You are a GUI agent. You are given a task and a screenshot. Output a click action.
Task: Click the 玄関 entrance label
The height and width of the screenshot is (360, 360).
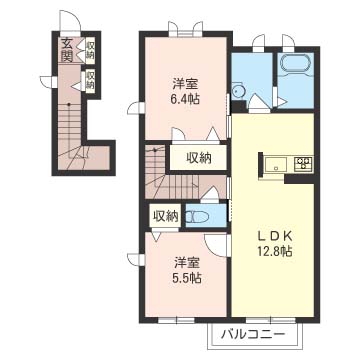[67, 50]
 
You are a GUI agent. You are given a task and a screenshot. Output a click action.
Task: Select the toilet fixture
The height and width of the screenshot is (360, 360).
[197, 217]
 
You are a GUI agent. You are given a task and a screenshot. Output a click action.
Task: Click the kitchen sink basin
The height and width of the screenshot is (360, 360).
[276, 165]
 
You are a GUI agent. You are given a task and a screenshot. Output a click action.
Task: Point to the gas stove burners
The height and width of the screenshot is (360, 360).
[303, 163]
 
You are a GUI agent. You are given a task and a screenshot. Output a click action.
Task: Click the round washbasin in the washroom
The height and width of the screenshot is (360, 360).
[237, 91]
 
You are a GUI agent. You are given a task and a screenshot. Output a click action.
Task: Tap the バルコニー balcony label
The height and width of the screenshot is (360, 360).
[253, 334]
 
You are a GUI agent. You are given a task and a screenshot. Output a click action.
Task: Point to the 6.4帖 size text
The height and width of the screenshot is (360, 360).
[186, 99]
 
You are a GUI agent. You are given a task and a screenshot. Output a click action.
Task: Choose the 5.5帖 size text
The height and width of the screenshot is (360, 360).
[187, 277]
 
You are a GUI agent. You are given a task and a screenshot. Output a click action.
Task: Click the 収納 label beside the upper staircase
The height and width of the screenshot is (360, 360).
[199, 157]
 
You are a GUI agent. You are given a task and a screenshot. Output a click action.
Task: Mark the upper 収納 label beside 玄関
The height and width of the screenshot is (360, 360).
[90, 51]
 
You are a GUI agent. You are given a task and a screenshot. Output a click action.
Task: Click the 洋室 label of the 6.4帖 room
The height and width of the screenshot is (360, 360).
[186, 83]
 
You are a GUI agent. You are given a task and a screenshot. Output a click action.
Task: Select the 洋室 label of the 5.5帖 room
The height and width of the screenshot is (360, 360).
[187, 263]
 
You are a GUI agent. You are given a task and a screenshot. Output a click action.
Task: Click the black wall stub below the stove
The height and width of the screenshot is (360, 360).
[299, 179]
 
